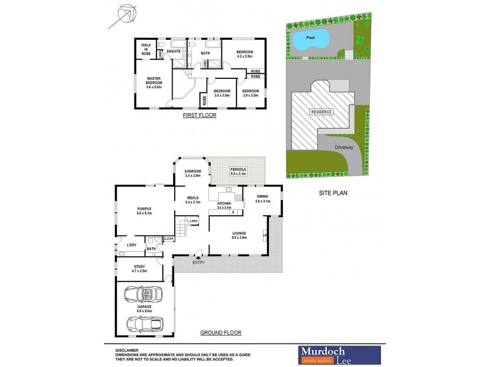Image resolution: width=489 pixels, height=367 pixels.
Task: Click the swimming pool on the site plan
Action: coord(310,40)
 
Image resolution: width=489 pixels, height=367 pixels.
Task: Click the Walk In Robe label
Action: coord(146,50)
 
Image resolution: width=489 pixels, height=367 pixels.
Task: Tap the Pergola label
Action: coord(237,171)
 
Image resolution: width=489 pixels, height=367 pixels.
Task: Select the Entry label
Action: coord(198,263)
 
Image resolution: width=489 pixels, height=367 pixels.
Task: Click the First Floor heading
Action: coord(199,115)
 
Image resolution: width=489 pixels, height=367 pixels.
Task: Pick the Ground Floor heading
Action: coord(221,333)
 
